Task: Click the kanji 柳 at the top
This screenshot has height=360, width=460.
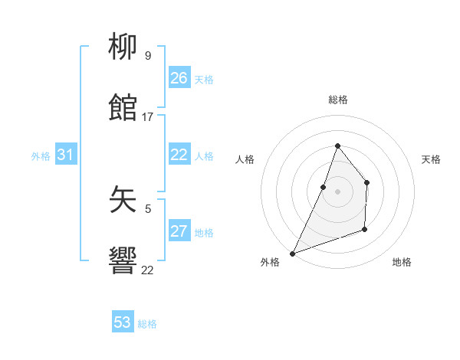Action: tap(123, 48)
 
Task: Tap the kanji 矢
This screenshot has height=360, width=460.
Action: tap(123, 201)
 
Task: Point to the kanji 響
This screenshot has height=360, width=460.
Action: tap(123, 262)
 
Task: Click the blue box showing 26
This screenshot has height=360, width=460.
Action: tap(179, 78)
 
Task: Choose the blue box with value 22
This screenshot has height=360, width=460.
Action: tap(179, 155)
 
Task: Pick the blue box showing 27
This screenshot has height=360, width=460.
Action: tap(179, 231)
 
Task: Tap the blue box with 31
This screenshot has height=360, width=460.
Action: tap(65, 155)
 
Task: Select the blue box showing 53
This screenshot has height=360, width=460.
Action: tap(123, 322)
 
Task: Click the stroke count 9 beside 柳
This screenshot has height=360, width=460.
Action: tap(147, 55)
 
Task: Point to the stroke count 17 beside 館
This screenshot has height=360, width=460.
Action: tap(147, 116)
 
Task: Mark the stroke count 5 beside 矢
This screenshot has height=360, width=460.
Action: tap(147, 208)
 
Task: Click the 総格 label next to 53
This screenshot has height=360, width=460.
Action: tap(147, 324)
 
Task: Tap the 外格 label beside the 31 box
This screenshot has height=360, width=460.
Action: tap(41, 156)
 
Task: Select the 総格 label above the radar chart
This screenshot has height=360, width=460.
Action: tap(337, 100)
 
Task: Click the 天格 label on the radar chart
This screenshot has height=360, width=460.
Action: tap(431, 159)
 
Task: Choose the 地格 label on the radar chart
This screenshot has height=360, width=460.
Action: tap(402, 262)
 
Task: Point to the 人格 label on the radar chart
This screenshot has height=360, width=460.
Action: tap(245, 159)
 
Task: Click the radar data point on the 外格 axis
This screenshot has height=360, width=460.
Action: tap(292, 253)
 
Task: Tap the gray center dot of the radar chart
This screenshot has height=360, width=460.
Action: tap(337, 191)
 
